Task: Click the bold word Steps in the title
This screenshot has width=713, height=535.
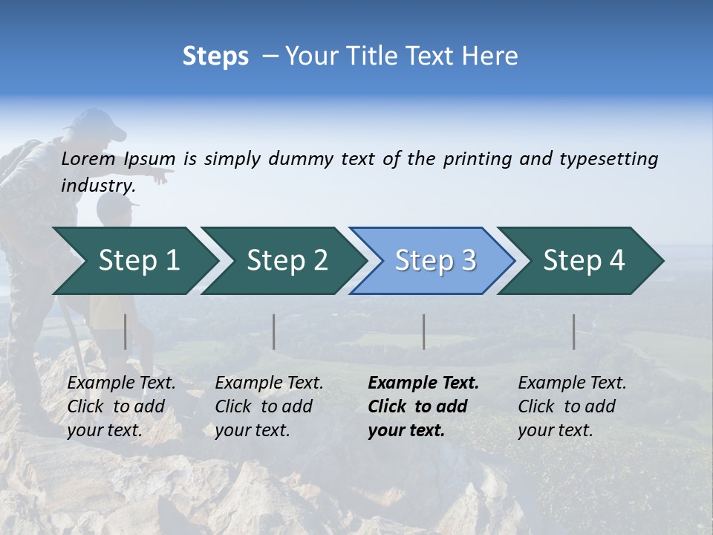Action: click(x=215, y=56)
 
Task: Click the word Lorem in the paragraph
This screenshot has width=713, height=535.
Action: click(x=88, y=158)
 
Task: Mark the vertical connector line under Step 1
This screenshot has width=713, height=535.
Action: click(x=126, y=331)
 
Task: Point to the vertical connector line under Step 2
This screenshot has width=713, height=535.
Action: click(x=274, y=331)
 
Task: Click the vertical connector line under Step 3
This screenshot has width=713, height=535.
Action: click(x=423, y=331)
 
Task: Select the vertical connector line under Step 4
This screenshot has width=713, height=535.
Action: click(x=573, y=331)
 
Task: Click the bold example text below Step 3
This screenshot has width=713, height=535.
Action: click(x=422, y=406)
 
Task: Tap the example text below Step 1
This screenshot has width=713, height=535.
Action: click(x=120, y=406)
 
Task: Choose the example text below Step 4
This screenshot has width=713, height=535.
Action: click(x=571, y=406)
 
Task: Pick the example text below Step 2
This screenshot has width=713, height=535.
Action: click(x=268, y=406)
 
